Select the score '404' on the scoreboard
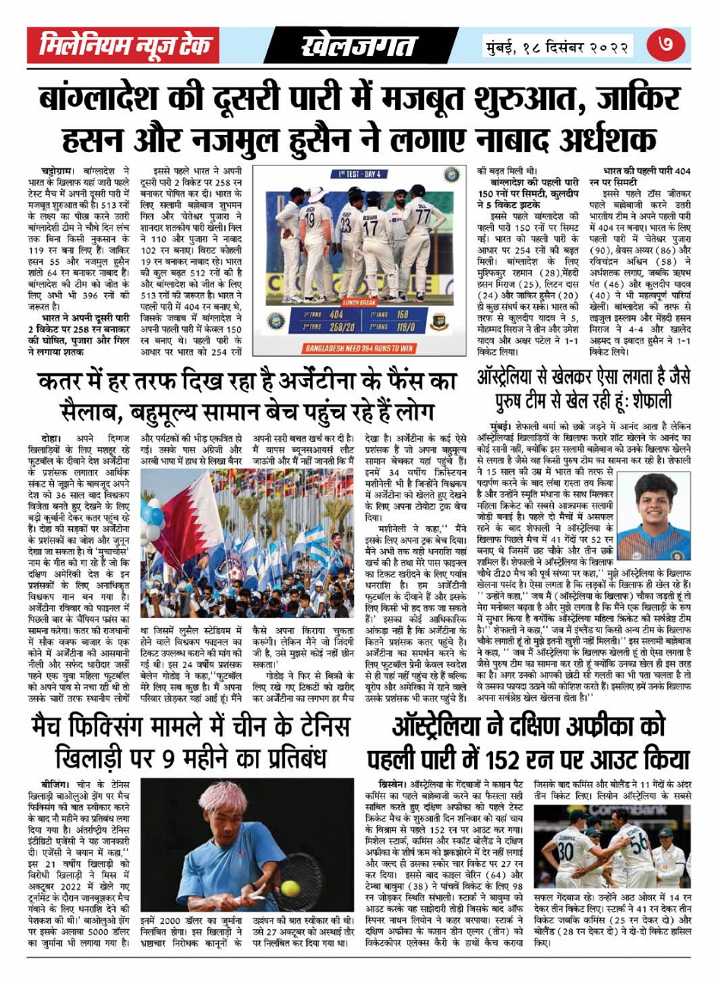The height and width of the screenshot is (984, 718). click(x=335, y=314)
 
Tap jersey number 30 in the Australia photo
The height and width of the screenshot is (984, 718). click(x=566, y=850)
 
